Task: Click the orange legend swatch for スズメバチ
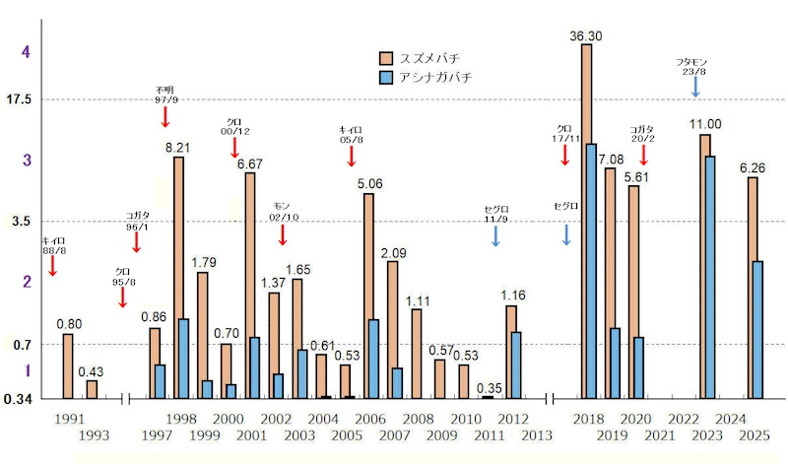[387, 57]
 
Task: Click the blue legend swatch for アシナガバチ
[387, 77]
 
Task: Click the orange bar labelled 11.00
[705, 266]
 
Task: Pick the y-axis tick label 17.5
[19, 99]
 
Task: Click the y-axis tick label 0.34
[19, 399]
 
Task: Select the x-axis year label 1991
[69, 420]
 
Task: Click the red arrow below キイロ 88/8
[52, 263]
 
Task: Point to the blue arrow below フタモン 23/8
[695, 86]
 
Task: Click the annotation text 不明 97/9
[164, 95]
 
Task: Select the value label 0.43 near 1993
[92, 371]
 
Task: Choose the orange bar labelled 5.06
[368, 296]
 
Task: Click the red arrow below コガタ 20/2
[643, 155]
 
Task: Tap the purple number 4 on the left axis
[27, 51]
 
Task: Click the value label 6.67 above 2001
[249, 164]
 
